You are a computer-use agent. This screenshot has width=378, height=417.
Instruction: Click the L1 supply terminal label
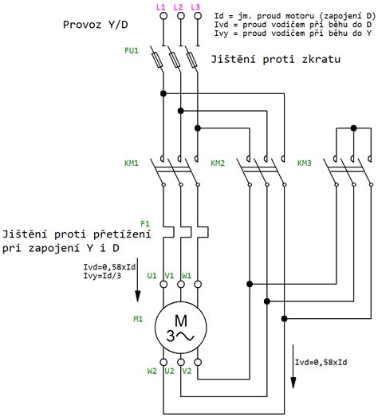coord(160,7)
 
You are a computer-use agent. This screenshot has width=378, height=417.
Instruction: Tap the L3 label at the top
coord(195,7)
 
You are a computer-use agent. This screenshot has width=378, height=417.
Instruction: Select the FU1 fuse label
coord(132,50)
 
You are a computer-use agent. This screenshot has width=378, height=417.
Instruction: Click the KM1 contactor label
coord(132,163)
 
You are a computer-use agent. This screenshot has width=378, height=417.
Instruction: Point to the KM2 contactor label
coord(218,163)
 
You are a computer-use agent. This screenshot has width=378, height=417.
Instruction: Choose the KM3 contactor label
coord(304,163)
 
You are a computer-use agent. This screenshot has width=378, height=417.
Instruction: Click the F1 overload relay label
coord(145,223)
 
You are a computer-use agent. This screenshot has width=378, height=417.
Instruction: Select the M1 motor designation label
coord(138,319)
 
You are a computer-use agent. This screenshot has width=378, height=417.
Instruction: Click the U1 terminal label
coord(152,276)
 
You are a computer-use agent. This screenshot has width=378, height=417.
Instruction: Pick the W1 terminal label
coord(187,276)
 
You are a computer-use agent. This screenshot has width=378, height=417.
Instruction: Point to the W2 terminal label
coord(152,371)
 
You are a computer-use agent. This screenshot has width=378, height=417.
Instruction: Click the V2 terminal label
coord(187,371)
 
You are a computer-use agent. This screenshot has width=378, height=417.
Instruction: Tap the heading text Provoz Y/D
coord(95,25)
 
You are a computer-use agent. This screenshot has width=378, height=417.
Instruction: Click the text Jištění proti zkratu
coord(276,59)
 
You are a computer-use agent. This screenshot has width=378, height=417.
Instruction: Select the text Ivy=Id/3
coord(102,276)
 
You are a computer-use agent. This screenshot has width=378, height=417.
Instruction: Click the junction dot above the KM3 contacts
coord(353,128)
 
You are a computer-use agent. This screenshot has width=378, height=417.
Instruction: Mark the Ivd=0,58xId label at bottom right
coord(321,362)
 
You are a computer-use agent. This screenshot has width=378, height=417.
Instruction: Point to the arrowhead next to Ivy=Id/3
coord(137,296)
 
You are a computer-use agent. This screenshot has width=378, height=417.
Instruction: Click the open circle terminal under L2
coord(180,16)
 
